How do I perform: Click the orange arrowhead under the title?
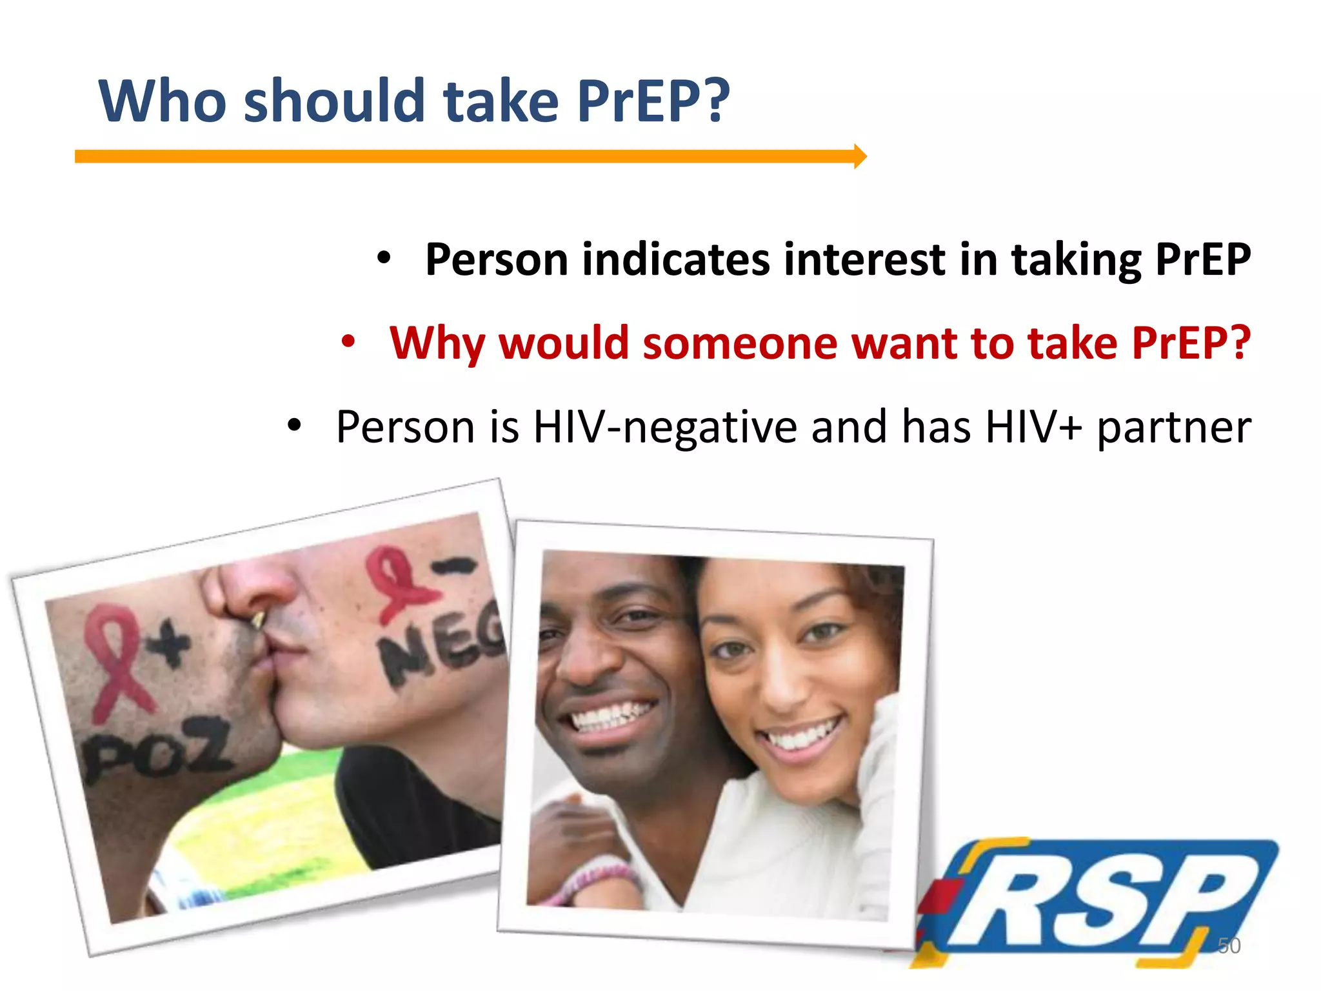pos(860,156)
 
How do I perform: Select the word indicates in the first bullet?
pos(676,259)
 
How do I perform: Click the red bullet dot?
pos(348,341)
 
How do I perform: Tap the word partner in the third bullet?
pos(1174,428)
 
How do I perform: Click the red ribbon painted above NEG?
pos(397,581)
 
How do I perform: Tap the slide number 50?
pos(1229,946)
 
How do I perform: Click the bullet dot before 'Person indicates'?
pos(384,258)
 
